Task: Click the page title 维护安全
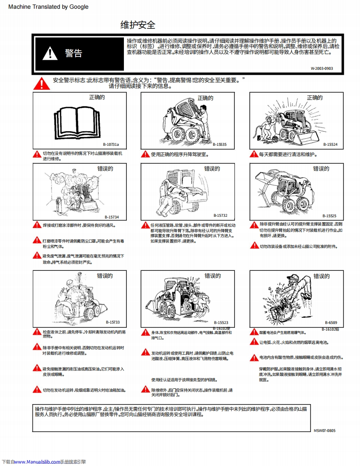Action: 138,25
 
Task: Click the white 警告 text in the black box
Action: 74,53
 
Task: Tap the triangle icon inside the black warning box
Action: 51,54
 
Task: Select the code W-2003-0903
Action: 321,69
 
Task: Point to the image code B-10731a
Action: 110,145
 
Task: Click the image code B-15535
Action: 219,145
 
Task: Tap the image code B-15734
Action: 111,217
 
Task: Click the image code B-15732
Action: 220,216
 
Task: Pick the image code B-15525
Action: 329,216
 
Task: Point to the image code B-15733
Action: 112,322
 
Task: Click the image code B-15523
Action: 221,323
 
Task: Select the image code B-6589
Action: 331,323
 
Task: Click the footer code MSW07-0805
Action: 324,431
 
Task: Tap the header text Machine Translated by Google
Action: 48,7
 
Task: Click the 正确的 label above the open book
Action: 97,98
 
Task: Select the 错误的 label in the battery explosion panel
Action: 321,276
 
